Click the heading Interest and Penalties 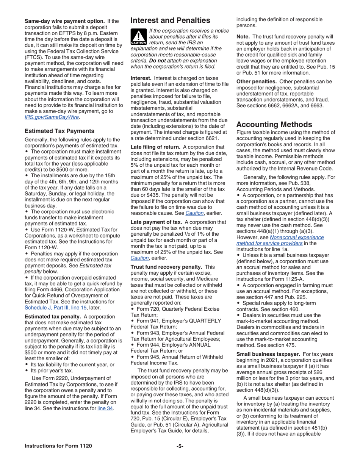pyautogui.click(x=170, y=20)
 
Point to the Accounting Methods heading pyautogui.click(x=274, y=124)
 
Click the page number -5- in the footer pyautogui.click(x=180, y=446)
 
